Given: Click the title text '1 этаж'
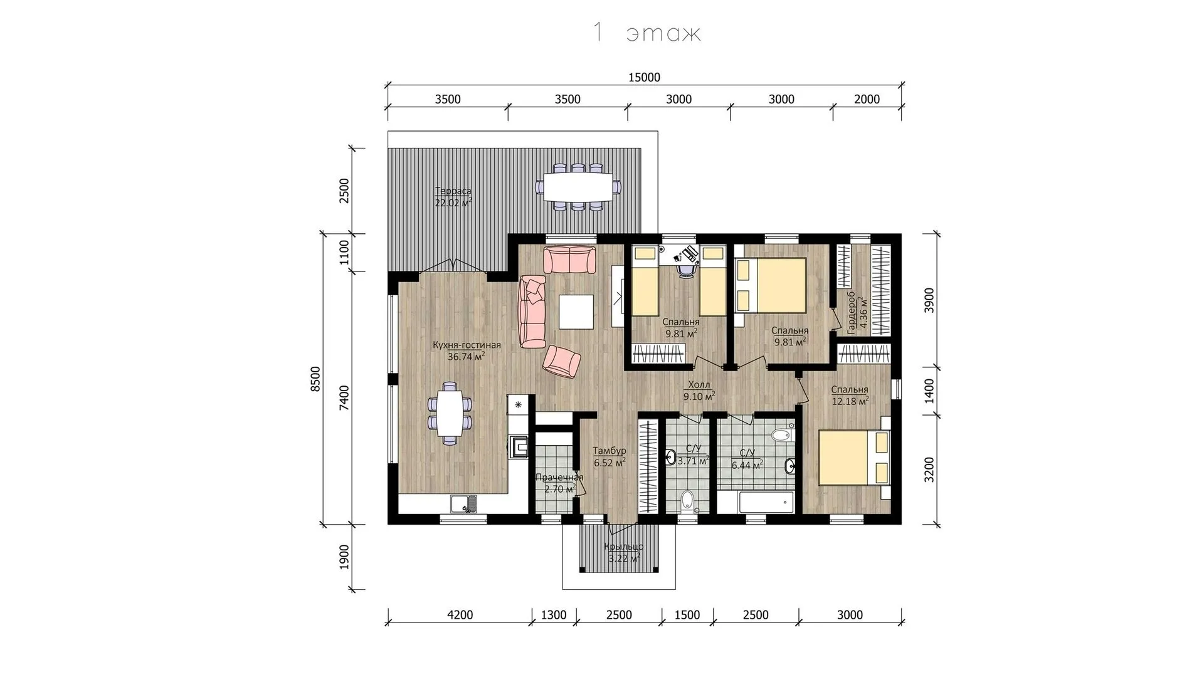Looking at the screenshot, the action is pyautogui.click(x=646, y=33).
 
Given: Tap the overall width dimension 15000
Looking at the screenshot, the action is pyautogui.click(x=644, y=78).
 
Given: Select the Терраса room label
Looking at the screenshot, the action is pyautogui.click(x=453, y=191).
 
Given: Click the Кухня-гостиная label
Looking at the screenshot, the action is pyautogui.click(x=467, y=345).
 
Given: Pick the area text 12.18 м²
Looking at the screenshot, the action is pyautogui.click(x=850, y=401).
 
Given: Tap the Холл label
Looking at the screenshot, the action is pyautogui.click(x=699, y=385).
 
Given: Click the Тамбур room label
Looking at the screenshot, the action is pyautogui.click(x=610, y=451).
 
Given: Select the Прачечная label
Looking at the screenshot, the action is pyautogui.click(x=559, y=478).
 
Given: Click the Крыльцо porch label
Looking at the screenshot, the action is pyautogui.click(x=623, y=547).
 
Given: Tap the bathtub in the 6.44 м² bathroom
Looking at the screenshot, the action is pyautogui.click(x=756, y=503).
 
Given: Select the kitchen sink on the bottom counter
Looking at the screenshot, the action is pyautogui.click(x=463, y=503).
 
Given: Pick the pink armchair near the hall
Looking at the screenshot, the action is pyautogui.click(x=562, y=362).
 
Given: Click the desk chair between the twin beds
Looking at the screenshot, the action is pyautogui.click(x=687, y=270).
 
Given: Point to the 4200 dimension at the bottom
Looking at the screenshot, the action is pyautogui.click(x=460, y=615).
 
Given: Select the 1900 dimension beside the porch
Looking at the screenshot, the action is pyautogui.click(x=344, y=557).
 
